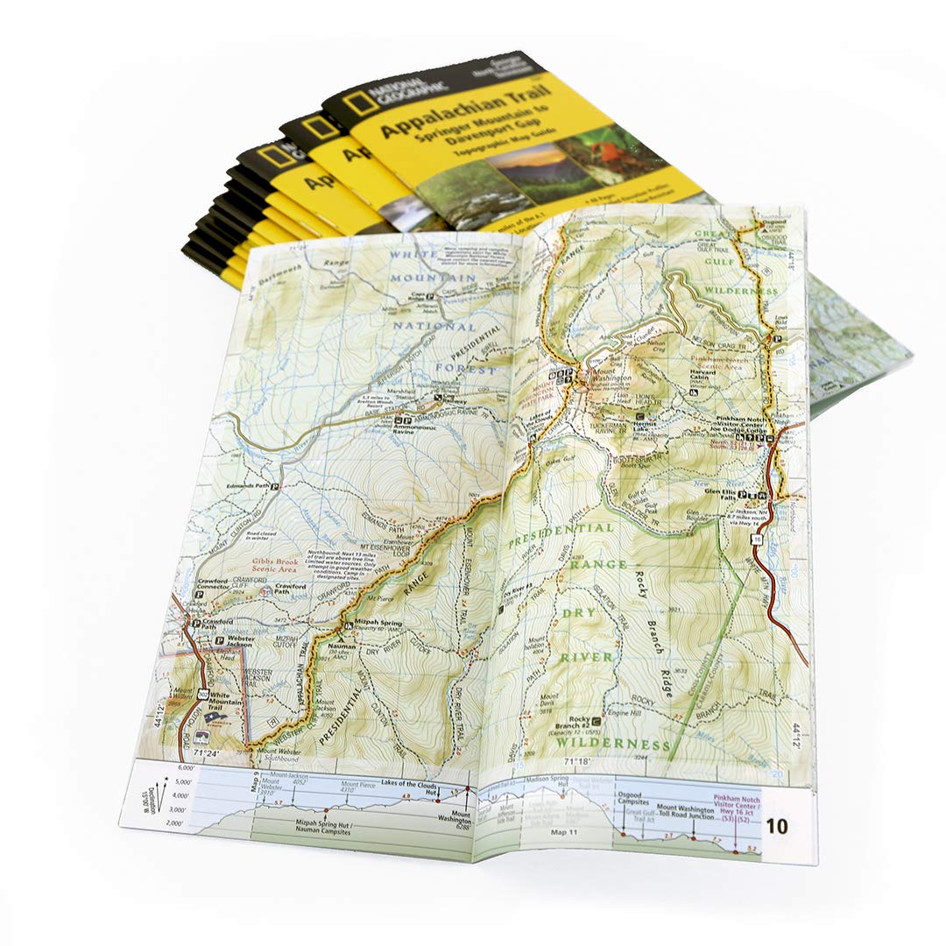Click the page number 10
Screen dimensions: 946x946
(776, 826)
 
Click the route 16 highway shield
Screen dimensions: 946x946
(756, 541)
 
